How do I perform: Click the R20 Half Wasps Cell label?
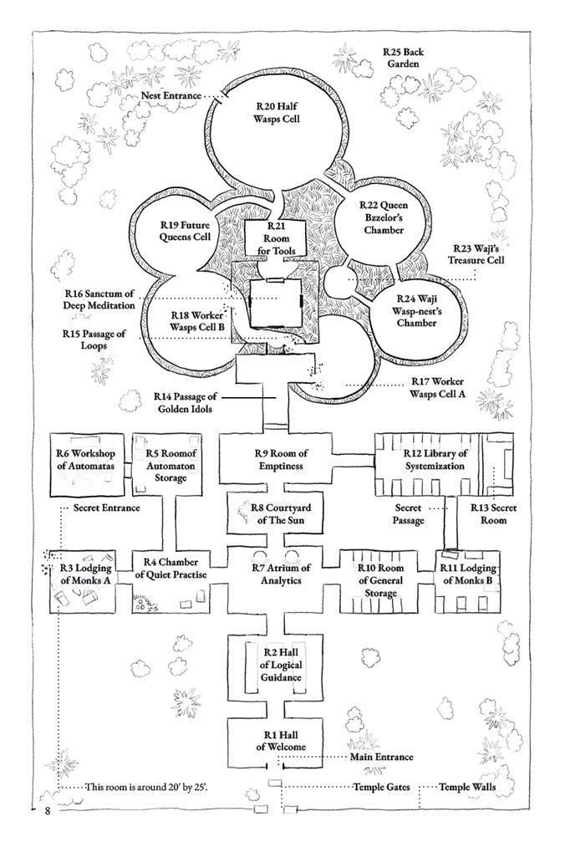[x=277, y=114]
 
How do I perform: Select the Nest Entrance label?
[x=171, y=96]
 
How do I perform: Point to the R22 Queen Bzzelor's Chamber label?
[x=382, y=217]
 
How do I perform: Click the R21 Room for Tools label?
[x=277, y=239]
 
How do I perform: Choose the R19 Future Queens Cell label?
[x=185, y=231]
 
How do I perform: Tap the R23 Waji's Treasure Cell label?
[x=478, y=254]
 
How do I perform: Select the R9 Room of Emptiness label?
[x=278, y=460]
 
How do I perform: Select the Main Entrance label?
[x=381, y=758]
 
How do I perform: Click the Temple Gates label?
[x=379, y=788]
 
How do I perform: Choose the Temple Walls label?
[x=467, y=788]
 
